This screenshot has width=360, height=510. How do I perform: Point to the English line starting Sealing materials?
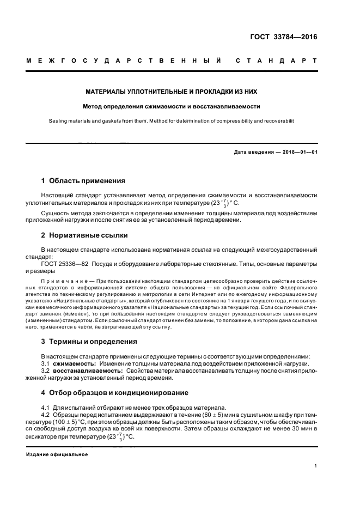point(172,123)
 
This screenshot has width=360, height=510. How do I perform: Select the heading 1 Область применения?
point(84,180)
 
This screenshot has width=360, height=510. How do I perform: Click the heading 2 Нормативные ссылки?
point(85,235)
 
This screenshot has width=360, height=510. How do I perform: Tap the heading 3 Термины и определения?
point(89,342)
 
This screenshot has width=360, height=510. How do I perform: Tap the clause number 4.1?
point(46,408)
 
